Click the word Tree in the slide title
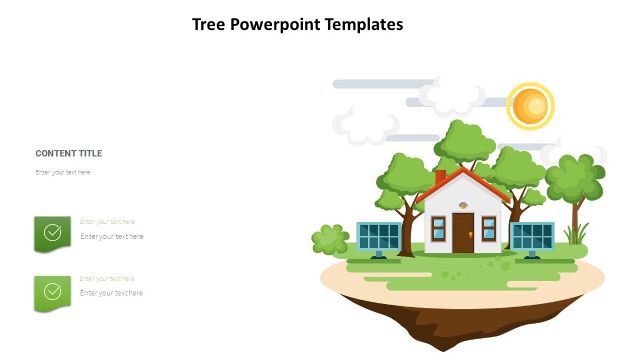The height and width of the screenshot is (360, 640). [209, 25]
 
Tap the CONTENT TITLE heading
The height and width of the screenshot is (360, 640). [69, 154]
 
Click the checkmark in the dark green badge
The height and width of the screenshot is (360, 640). [52, 233]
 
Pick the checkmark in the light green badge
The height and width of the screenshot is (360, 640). [52, 291]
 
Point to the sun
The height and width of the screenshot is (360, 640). [530, 106]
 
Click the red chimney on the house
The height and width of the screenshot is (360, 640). [441, 177]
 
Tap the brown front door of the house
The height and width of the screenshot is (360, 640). [463, 233]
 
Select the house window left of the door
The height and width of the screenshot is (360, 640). [438, 228]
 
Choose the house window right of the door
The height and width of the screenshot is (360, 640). [489, 228]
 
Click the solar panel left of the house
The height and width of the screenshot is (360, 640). [379, 236]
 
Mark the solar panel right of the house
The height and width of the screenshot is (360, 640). [532, 236]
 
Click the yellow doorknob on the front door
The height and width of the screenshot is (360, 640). [470, 234]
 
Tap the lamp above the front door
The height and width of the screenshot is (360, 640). [463, 205]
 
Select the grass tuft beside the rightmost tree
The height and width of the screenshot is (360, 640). [577, 235]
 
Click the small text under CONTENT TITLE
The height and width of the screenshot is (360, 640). [63, 172]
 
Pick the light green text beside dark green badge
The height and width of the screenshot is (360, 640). [107, 222]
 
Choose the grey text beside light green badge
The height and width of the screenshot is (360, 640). [111, 293]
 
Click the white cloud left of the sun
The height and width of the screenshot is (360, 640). [452, 96]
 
